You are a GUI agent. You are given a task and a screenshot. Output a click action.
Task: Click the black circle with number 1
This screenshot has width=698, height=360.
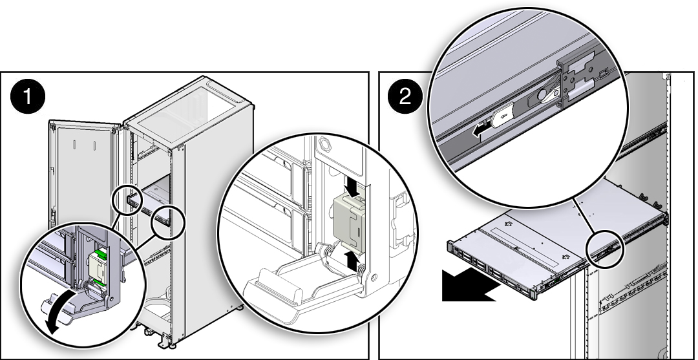coord(27,97)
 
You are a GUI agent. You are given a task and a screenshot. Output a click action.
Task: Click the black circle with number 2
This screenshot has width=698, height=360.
coord(405,97)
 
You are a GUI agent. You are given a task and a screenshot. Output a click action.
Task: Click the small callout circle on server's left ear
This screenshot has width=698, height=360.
coord(129,200)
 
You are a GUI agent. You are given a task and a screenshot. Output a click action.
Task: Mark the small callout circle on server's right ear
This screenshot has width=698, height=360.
coord(169,220)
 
